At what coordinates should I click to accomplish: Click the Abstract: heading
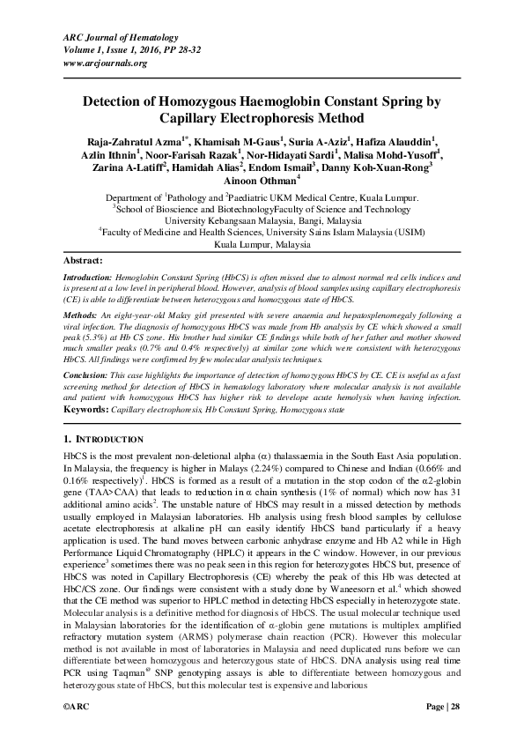[84, 262]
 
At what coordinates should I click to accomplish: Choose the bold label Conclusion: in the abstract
[86, 375]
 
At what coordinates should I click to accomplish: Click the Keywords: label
[87, 410]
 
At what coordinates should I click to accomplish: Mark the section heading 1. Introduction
[103, 438]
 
